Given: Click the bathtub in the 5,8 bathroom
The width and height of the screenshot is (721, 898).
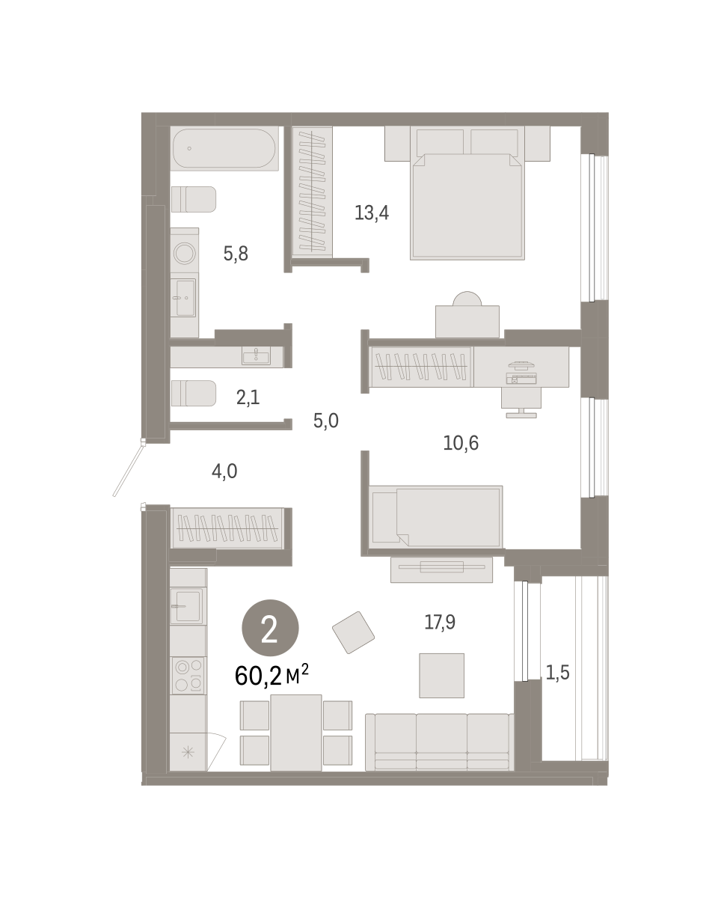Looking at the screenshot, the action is click(x=224, y=148).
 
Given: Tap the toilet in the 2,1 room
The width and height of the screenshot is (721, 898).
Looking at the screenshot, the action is click(x=194, y=393).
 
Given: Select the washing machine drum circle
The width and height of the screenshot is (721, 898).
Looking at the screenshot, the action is click(x=184, y=252).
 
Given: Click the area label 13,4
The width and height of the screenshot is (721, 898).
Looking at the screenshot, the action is click(x=372, y=213).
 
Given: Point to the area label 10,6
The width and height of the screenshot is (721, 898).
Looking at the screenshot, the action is click(x=461, y=443).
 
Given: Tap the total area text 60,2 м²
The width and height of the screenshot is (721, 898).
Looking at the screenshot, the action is click(x=271, y=675).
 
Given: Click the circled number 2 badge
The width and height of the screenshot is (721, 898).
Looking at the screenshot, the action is click(x=270, y=628).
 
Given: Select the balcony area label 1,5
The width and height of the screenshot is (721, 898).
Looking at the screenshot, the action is click(x=557, y=672).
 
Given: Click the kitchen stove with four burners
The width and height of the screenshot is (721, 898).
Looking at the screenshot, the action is click(x=188, y=676).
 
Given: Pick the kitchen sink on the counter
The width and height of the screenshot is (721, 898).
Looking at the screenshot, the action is click(x=186, y=606).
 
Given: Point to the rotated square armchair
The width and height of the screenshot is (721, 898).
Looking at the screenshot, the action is click(x=353, y=632).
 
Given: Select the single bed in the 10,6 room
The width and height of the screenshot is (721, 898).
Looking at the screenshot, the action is click(x=436, y=516).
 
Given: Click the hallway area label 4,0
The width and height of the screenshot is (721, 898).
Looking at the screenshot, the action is click(x=224, y=471).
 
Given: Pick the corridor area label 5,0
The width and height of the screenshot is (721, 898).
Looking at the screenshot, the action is click(x=325, y=421).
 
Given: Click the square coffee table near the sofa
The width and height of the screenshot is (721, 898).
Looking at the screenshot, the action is click(x=441, y=676).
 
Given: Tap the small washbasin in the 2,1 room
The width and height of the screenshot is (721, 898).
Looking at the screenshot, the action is click(x=256, y=356).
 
